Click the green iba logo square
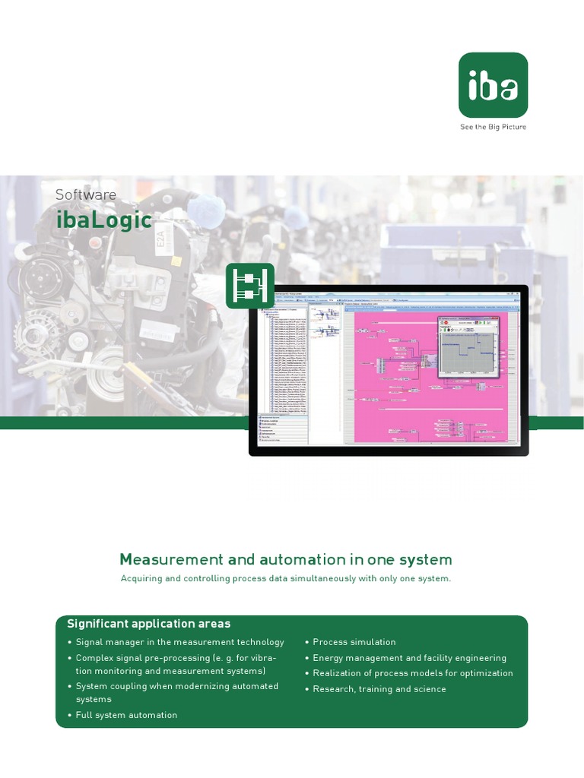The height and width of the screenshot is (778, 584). click(493, 85)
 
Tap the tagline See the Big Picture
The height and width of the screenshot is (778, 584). click(493, 127)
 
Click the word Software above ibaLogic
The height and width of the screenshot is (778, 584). click(86, 194)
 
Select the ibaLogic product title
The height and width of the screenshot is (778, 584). click(103, 220)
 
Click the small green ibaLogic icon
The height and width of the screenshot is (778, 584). click(249, 286)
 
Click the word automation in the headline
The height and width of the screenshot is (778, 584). click(291, 560)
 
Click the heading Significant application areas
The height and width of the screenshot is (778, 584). click(148, 624)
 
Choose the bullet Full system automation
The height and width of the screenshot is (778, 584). click(126, 715)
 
